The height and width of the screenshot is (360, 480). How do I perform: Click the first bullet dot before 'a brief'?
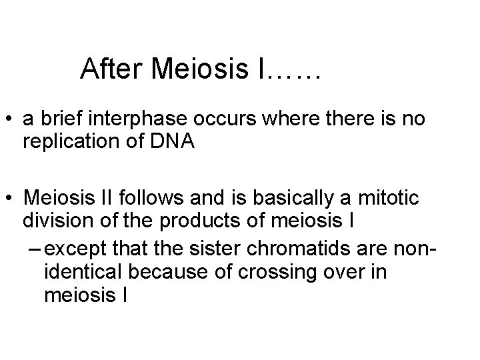point(11,121)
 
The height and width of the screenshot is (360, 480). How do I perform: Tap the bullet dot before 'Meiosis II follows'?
point(11,198)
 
